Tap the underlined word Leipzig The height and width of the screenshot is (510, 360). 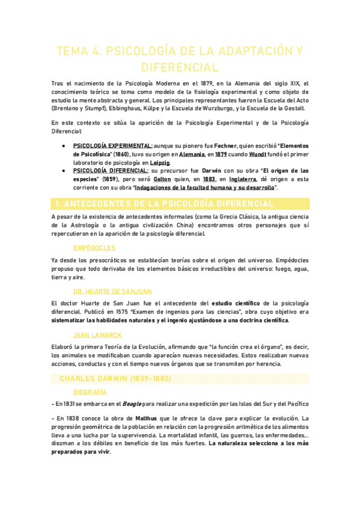coord(160,163)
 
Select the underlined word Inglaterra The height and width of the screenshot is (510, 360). coord(243,180)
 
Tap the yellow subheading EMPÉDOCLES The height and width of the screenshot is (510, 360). coord(94,247)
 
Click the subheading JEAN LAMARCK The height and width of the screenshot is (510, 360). coord(97,334)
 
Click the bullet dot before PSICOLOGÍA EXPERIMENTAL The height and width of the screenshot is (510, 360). coord(64,146)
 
